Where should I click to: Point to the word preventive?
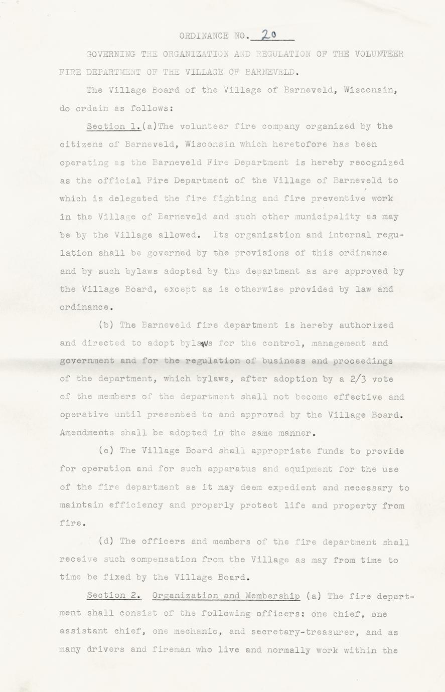(338, 199)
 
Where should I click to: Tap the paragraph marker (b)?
(106, 325)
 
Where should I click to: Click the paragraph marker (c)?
(106, 451)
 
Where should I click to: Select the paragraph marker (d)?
(106, 542)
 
